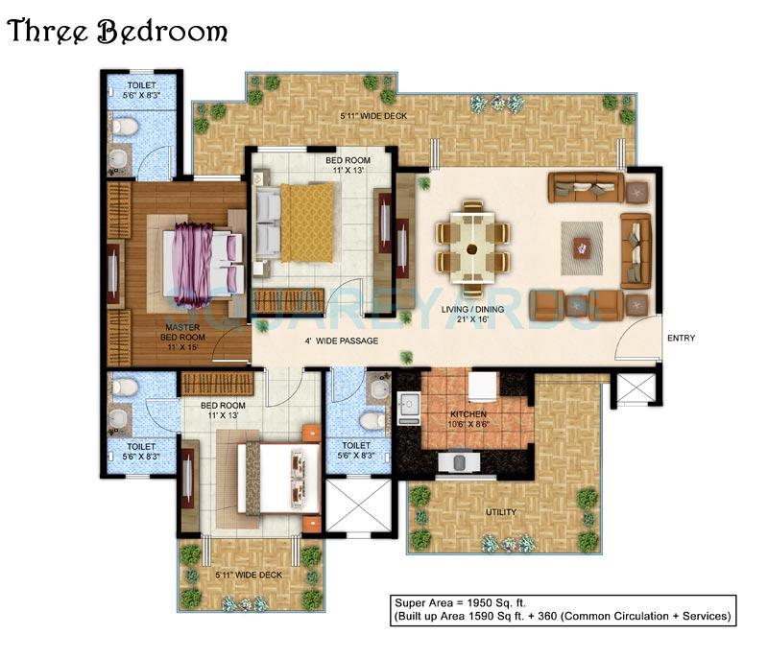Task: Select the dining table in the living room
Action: click(472, 247)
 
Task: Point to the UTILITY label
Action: click(500, 512)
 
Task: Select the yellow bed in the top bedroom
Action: click(310, 222)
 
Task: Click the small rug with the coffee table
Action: click(582, 247)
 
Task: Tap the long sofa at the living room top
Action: click(586, 187)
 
